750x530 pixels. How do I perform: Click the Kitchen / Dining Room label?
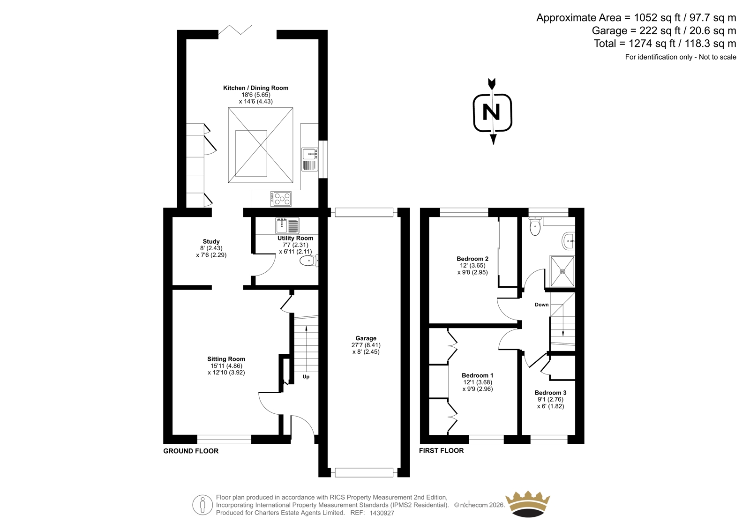255,88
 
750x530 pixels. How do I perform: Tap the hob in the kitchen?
281,199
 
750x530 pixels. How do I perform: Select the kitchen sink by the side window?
310,160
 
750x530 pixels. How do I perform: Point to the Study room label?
211,241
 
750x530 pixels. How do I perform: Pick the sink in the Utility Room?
287,225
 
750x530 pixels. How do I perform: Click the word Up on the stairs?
306,377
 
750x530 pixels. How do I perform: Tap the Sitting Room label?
226,359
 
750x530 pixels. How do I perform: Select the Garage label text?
366,338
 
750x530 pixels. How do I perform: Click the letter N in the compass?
492,112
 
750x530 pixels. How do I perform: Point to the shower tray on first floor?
562,271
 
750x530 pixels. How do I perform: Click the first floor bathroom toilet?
535,226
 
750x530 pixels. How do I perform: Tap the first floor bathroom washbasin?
569,241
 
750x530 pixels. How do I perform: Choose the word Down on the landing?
542,305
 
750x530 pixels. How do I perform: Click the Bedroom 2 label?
472,259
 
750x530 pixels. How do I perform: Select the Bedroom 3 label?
550,393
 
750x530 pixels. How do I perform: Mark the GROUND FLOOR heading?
191,451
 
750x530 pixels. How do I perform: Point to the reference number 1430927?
382,513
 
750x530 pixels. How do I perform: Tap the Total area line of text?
665,44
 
